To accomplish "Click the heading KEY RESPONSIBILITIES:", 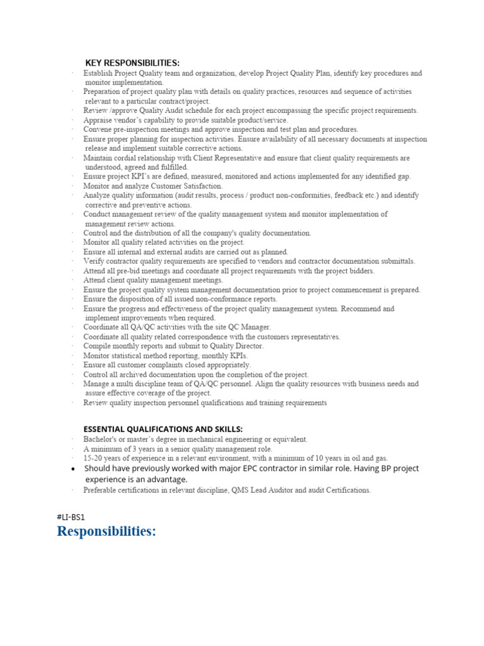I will (132, 62).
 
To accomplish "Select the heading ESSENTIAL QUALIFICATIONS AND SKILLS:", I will (163, 429).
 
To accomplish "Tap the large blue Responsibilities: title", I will (106, 531).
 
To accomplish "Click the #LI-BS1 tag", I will (71, 517).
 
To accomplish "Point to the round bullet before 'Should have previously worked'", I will (74, 469).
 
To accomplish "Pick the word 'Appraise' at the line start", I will (98, 120).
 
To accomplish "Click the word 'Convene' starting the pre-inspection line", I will (98, 129).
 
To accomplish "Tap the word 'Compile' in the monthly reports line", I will (98, 346).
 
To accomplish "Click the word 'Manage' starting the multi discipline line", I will (96, 384).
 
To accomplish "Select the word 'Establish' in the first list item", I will (99, 73).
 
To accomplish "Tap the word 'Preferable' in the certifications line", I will (101, 490).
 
